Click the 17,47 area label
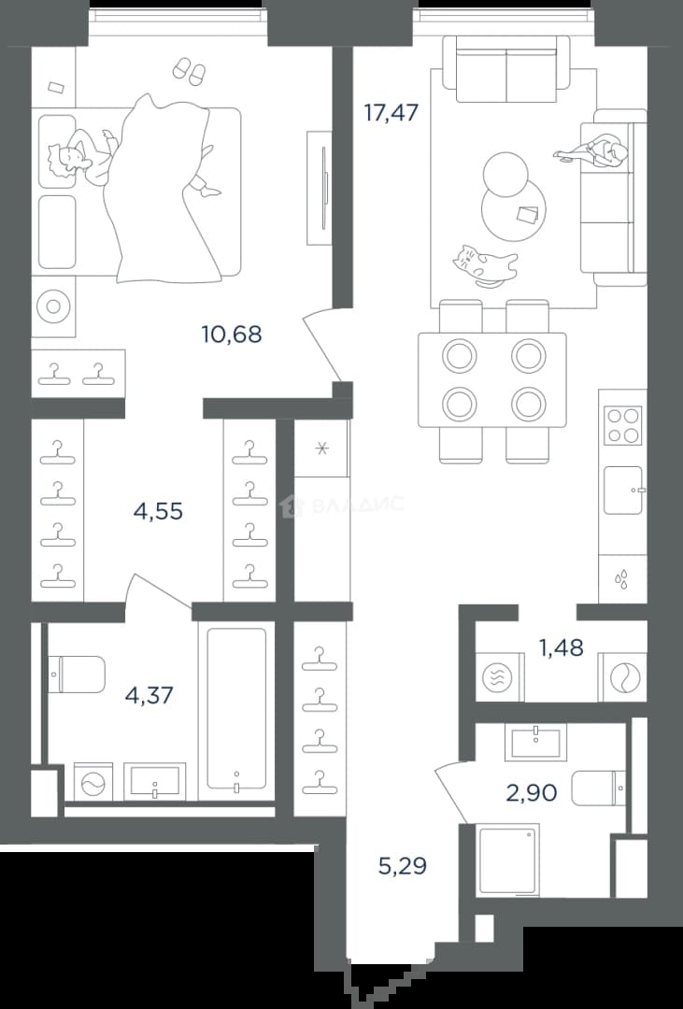(x=391, y=113)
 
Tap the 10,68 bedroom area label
(x=232, y=334)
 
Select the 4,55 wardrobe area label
(x=158, y=512)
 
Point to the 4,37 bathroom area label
(x=149, y=696)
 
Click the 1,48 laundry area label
(x=562, y=648)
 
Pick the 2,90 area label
(x=531, y=793)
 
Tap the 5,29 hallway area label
(x=403, y=866)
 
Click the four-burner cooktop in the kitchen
(x=623, y=425)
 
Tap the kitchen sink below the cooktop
(x=624, y=490)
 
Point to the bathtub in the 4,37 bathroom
(x=236, y=708)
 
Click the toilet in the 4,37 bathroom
(x=78, y=675)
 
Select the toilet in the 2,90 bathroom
(x=598, y=788)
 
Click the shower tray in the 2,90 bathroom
(x=508, y=861)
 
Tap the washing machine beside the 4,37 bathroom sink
(x=93, y=782)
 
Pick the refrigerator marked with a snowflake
(x=321, y=448)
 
